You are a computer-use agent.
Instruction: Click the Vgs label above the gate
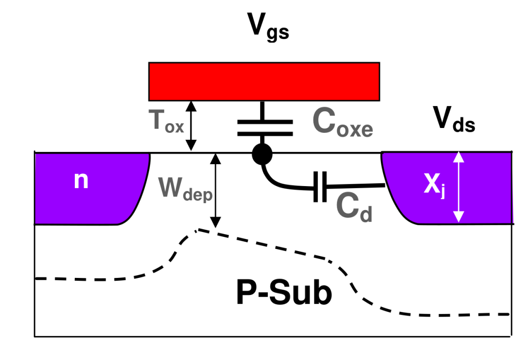pyautogui.click(x=268, y=27)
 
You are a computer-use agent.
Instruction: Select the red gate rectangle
pyautogui.click(x=264, y=82)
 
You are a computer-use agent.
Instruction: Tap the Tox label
pyautogui.click(x=166, y=122)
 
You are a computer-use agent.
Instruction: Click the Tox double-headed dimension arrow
pyautogui.click(x=191, y=126)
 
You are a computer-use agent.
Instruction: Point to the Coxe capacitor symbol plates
pyautogui.click(x=265, y=128)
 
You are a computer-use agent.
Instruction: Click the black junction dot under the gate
pyautogui.click(x=262, y=154)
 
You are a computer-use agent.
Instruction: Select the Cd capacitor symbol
pyautogui.click(x=320, y=187)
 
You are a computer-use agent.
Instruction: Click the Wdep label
pyautogui.click(x=185, y=189)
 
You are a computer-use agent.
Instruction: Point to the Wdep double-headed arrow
pyautogui.click(x=216, y=191)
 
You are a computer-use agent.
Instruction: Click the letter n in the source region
pyautogui.click(x=81, y=180)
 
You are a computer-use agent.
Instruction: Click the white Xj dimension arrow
pyautogui.click(x=458, y=187)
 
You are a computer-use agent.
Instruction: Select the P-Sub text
pyautogui.click(x=284, y=293)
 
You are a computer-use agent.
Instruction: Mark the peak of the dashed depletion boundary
pyautogui.click(x=198, y=230)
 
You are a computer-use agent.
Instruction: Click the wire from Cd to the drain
pyautogui.click(x=356, y=186)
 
